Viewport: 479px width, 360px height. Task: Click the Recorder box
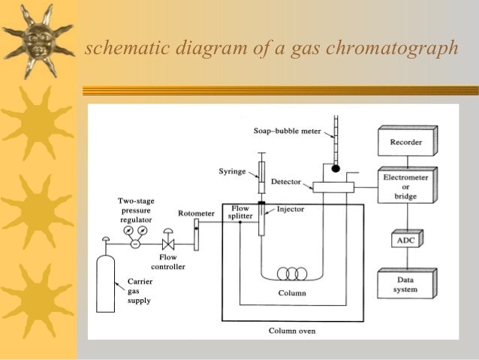(x=405, y=141)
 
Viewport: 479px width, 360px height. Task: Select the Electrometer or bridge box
(x=405, y=186)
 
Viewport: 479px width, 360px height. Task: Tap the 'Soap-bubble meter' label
(x=287, y=131)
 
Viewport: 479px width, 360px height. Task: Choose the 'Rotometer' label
(x=195, y=214)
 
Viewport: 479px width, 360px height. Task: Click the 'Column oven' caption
(x=293, y=330)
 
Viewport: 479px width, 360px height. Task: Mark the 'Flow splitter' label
(x=239, y=212)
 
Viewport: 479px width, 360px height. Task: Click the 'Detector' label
(x=285, y=183)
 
